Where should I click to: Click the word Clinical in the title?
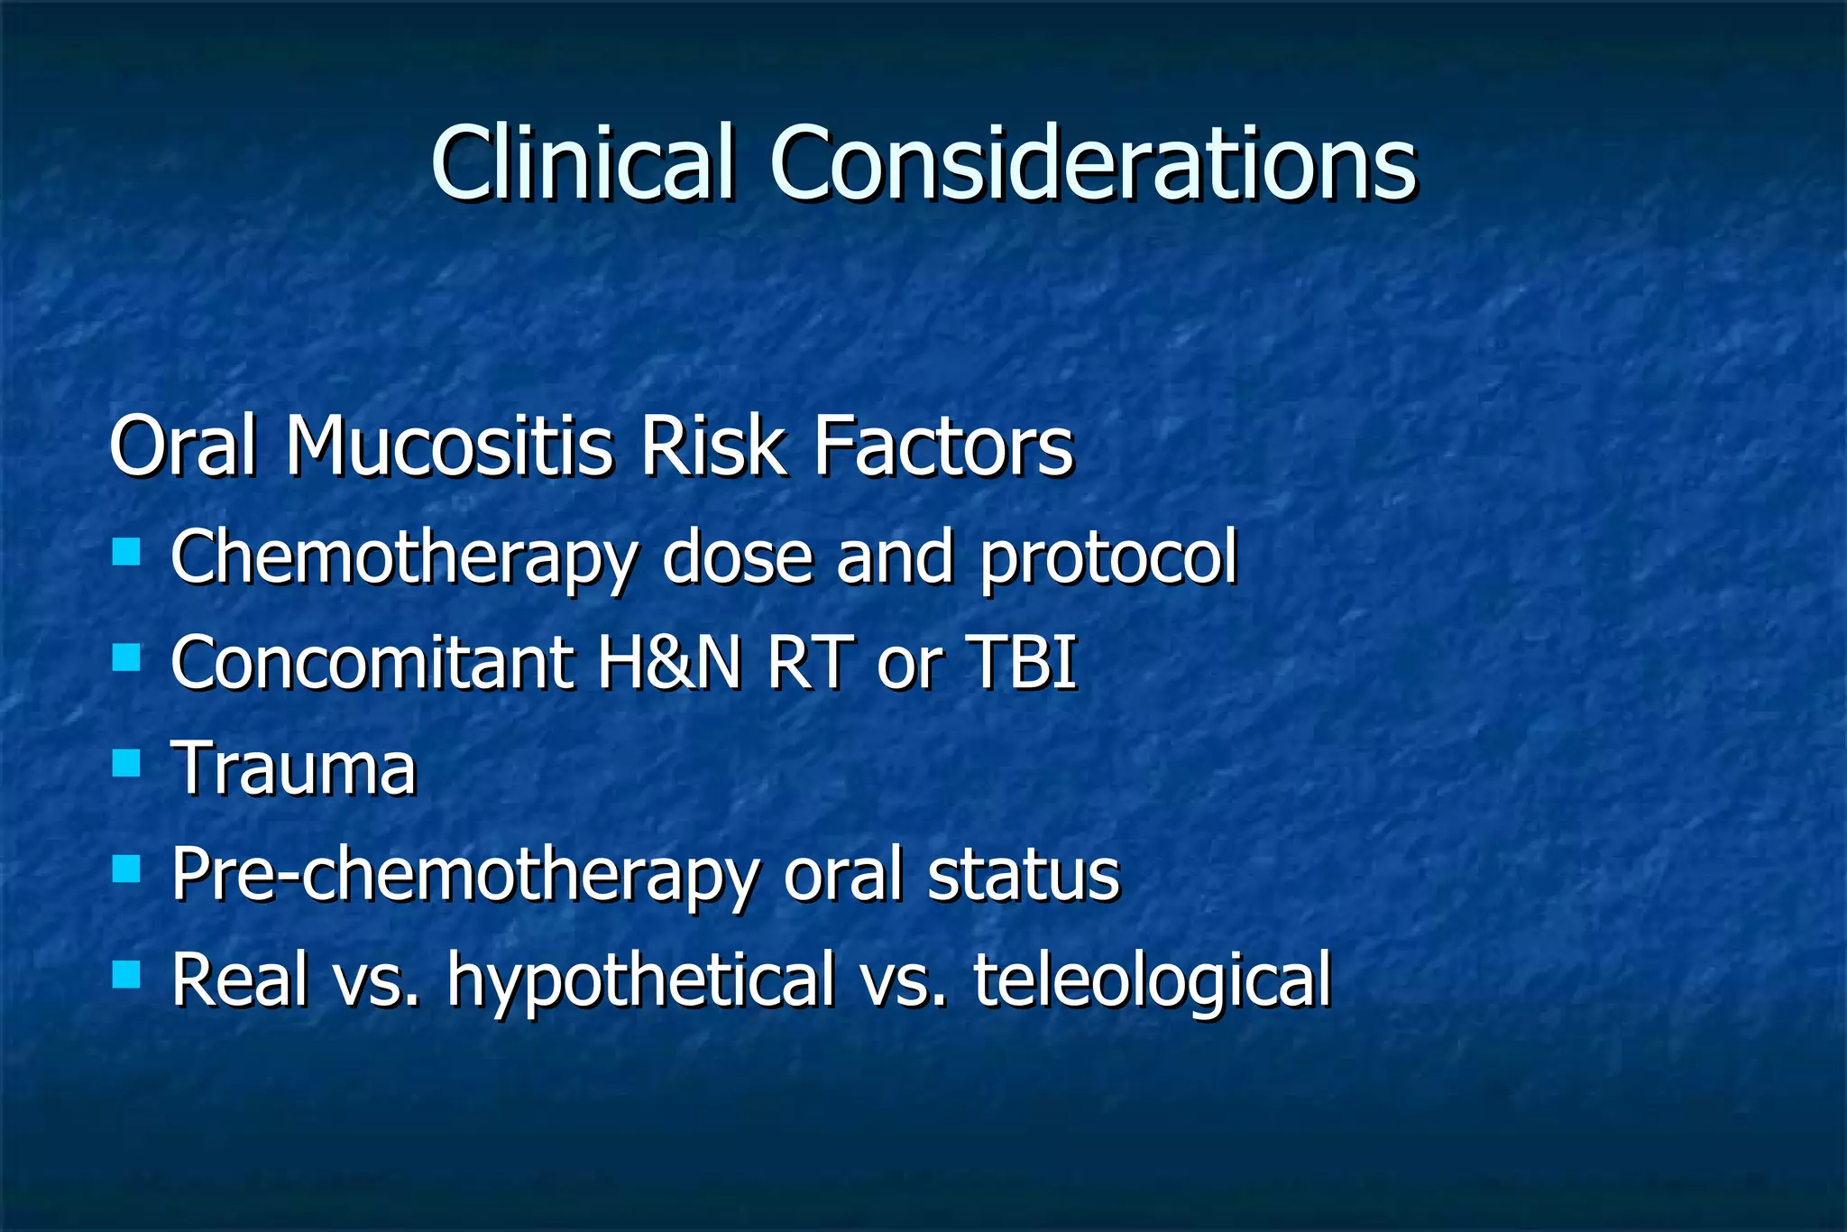coord(582,162)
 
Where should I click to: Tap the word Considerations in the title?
coord(1093,162)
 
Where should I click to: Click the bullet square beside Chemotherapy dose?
coord(126,551)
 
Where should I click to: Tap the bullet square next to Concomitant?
coord(126,657)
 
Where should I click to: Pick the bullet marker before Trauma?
coord(126,763)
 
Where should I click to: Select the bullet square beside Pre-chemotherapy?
coord(126,869)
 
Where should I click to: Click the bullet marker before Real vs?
coord(126,974)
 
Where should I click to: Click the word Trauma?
coord(294,768)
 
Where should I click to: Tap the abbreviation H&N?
coord(669,663)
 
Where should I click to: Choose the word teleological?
coord(1152,981)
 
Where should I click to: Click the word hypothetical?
coord(641,981)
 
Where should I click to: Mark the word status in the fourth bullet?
coord(1024,875)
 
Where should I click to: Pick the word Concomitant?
coord(372,663)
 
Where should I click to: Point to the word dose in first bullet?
coord(738,557)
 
